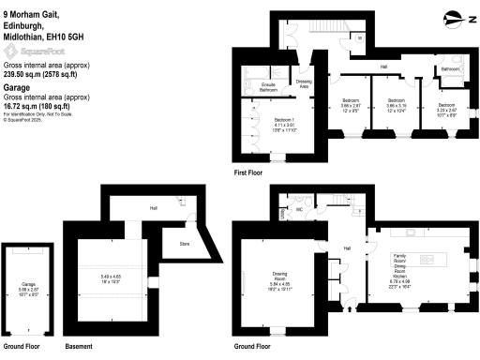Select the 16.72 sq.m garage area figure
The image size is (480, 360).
click(26, 107)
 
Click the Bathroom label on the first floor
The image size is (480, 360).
click(449, 69)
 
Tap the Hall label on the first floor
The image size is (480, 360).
click(383, 67)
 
